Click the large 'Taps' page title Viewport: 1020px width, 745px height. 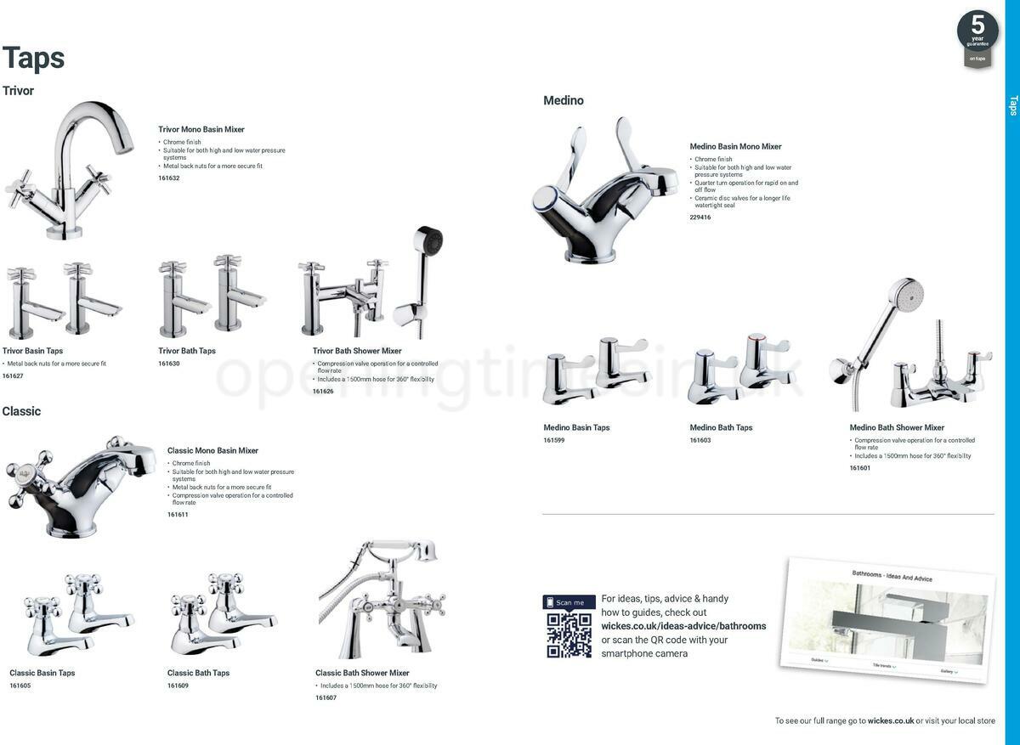click(34, 58)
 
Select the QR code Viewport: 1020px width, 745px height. click(569, 635)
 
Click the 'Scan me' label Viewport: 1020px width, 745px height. click(569, 602)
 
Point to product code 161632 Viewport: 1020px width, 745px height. click(169, 178)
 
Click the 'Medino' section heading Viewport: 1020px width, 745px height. click(564, 100)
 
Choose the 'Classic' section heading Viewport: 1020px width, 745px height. click(21, 411)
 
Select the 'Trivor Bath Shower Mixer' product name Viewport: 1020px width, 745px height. click(357, 351)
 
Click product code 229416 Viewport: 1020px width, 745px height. click(700, 217)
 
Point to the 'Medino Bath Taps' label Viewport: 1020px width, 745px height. click(721, 428)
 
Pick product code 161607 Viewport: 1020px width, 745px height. click(326, 697)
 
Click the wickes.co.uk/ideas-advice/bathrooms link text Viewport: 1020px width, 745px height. click(683, 626)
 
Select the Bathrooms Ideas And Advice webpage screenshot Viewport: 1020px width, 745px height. click(887, 621)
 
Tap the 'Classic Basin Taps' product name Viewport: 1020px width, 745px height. click(42, 673)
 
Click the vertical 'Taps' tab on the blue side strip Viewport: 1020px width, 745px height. click(1012, 105)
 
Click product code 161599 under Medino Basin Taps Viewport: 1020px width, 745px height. click(554, 440)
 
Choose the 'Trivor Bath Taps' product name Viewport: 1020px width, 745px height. click(187, 351)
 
